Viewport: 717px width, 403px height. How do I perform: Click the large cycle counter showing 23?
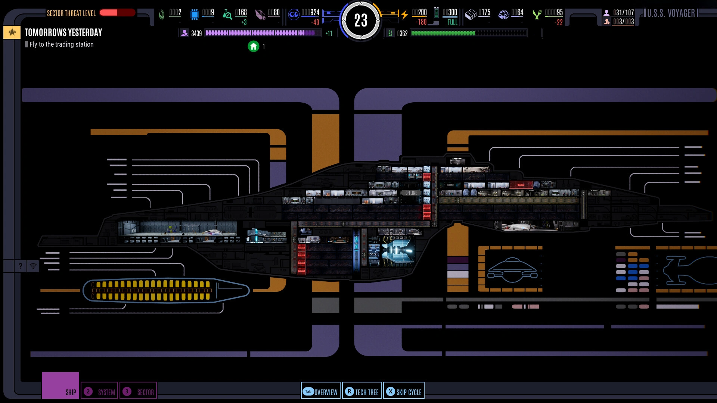361,21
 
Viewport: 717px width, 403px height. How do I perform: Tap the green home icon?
254,46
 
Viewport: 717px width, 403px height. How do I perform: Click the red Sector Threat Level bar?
117,13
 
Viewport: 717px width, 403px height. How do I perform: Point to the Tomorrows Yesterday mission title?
63,33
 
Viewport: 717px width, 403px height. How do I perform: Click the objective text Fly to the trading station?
61,44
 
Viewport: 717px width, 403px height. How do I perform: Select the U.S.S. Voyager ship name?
671,13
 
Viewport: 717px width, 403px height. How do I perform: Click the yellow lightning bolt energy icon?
404,15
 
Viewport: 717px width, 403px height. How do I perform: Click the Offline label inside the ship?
411,193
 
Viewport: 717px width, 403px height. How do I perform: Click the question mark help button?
20,266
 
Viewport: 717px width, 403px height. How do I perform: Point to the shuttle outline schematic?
512,270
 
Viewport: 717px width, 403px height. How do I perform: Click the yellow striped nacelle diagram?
153,290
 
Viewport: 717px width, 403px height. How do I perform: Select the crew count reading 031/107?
623,13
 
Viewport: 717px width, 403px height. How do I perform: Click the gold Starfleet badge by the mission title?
12,32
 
